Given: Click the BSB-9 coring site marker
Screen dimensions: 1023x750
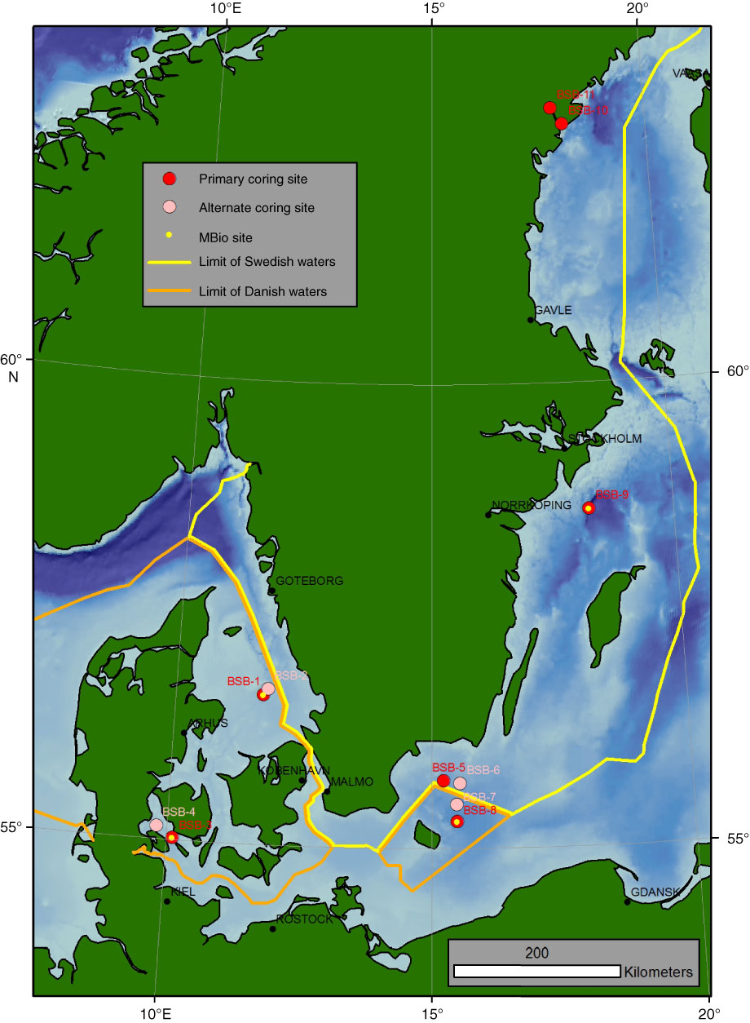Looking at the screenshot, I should (x=589, y=507).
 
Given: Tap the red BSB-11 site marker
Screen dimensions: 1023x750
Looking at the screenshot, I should (x=550, y=108).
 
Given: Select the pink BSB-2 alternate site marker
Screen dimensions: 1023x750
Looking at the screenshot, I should (x=268, y=689).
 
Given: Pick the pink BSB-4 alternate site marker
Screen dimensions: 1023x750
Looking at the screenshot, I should (x=157, y=825).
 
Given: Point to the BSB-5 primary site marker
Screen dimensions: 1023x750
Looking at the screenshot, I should (x=443, y=781).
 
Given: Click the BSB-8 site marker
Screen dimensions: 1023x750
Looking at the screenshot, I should (x=457, y=821).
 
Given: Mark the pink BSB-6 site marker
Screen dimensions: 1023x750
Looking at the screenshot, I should (x=460, y=783).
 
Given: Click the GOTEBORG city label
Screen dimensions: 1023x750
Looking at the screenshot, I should (x=310, y=581).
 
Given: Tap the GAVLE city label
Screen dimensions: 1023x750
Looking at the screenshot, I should (x=554, y=310).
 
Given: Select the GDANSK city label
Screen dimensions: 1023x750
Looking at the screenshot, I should (x=656, y=892).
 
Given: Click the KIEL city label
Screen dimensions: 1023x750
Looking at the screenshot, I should (x=183, y=892).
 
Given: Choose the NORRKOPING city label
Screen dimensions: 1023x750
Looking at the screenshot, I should (x=532, y=505).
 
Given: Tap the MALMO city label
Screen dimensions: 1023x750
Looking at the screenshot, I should (x=352, y=782).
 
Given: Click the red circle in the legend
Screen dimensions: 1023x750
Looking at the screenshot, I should (x=169, y=179).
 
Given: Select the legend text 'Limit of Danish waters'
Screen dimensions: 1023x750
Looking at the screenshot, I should (x=262, y=291).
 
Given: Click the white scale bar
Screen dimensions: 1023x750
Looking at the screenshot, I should (x=537, y=972).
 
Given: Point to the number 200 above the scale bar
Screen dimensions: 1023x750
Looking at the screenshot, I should (x=537, y=953).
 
